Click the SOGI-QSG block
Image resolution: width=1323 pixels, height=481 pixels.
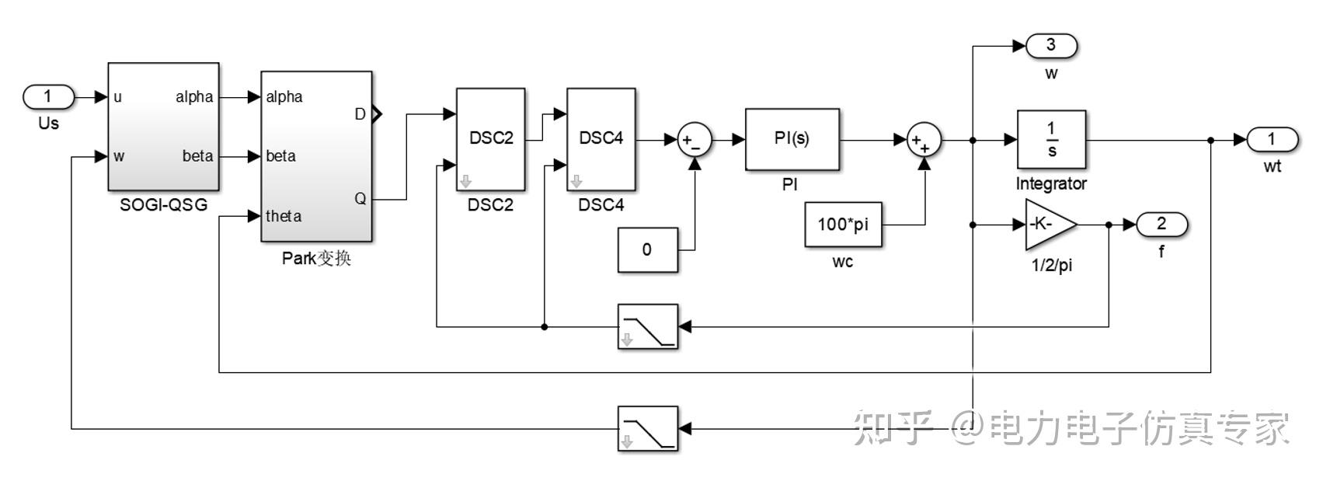[x=164, y=127]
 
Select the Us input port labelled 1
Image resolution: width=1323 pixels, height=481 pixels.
[x=49, y=97]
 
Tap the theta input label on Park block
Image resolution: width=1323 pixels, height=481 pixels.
[x=284, y=216]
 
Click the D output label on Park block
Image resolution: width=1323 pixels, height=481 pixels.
[x=360, y=114]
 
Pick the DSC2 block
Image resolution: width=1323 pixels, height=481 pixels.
[x=491, y=139]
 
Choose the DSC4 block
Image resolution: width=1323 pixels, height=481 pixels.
[x=601, y=139]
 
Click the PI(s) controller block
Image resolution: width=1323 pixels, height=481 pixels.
[x=792, y=139]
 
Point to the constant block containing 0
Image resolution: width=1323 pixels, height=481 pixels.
[x=648, y=250]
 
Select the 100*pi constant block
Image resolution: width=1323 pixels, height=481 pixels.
[x=844, y=225]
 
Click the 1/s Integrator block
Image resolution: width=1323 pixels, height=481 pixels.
[x=1051, y=139]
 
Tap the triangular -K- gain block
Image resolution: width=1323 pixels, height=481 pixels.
[x=1048, y=225]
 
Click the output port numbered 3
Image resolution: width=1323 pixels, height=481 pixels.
[x=1052, y=46]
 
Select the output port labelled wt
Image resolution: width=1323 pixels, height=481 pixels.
[x=1273, y=140]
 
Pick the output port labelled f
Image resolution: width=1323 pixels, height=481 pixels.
[x=1161, y=225]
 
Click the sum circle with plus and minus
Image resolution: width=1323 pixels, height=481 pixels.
[x=695, y=140]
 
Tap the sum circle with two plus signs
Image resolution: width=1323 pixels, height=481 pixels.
[x=924, y=140]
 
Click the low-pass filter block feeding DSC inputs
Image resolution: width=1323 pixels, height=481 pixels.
[x=648, y=327]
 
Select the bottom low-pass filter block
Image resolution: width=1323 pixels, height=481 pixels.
[x=648, y=428]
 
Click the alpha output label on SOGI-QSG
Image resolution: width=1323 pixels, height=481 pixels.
[x=194, y=97]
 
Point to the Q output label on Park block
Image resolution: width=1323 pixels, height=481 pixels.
[x=360, y=199]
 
